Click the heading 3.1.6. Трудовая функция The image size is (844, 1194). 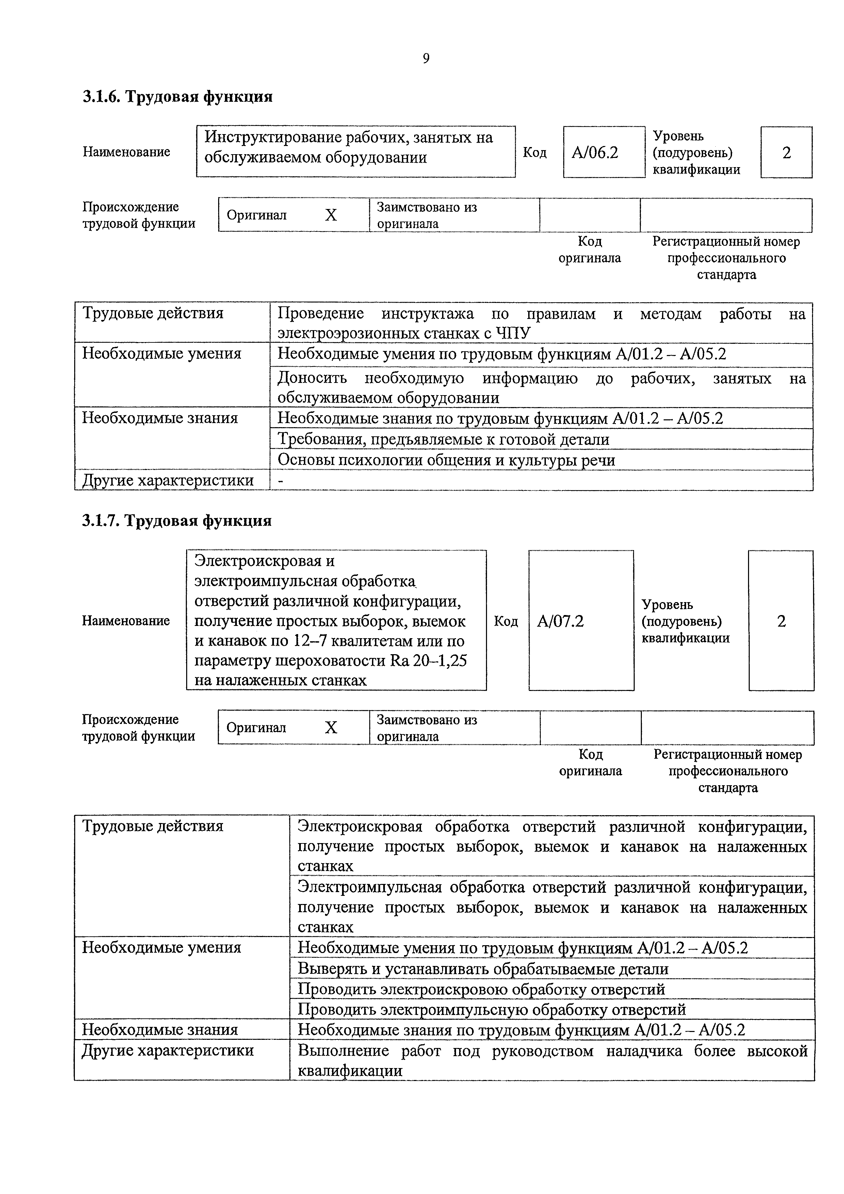177,97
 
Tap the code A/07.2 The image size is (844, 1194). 560,621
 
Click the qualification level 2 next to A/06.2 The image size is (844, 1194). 786,153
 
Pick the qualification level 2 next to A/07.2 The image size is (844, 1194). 781,621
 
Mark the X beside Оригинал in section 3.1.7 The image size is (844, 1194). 331,727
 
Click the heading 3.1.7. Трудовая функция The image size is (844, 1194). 177,520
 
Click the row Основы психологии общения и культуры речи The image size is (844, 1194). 446,460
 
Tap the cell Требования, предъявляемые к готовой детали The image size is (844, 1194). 443,439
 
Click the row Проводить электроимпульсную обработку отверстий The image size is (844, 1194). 491,1010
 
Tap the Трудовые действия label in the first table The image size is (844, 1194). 153,313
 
